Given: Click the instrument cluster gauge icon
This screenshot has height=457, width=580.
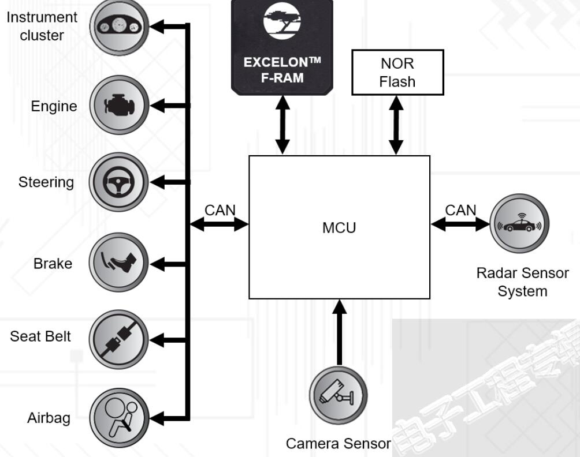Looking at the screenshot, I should pos(119,25).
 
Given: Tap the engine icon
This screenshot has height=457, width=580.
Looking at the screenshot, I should pos(119,106).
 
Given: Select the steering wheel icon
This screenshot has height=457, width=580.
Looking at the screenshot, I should pos(119,182).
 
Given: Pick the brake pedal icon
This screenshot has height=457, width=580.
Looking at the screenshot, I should pos(119,263).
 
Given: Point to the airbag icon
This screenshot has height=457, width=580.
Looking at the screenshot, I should pos(119,417).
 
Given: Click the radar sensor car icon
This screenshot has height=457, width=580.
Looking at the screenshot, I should pos(519,224).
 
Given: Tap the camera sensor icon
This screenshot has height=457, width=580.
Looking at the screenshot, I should pos(338,396).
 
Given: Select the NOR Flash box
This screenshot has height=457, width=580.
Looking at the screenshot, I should pos(397,72).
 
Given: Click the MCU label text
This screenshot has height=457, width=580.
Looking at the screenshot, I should pos(339,227).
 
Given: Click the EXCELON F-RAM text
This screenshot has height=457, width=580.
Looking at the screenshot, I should pos(282,70).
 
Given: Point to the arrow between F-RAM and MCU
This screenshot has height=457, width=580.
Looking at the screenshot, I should pos(282,125).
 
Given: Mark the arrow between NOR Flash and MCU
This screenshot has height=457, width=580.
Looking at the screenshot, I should pos(396,125).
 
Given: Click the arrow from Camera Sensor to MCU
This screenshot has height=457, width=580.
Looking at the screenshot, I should pos(340,332).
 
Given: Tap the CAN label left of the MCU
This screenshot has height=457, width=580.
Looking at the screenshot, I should pos(220,210).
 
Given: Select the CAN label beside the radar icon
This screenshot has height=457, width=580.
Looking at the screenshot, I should pos(460,210).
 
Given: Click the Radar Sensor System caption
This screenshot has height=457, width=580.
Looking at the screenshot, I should pos(522,282).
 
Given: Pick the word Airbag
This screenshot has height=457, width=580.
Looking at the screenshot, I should pos(49,418).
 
